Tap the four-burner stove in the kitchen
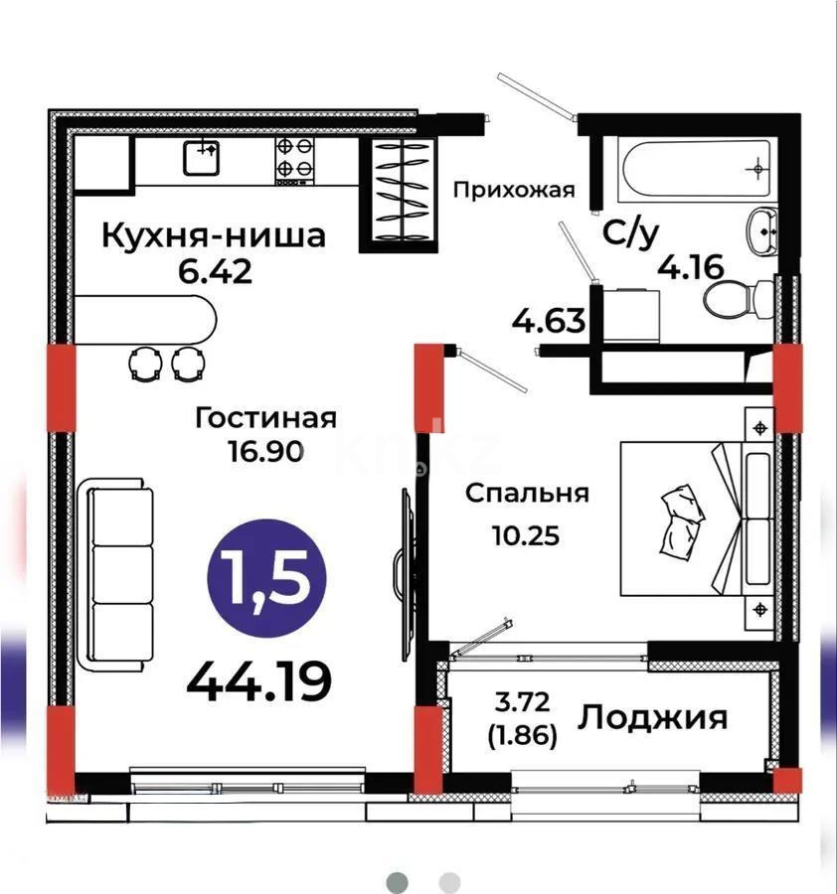pyautogui.click(x=294, y=161)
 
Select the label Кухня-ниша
pyautogui.click(x=215, y=236)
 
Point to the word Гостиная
pyautogui.click(x=265, y=417)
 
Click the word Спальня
pyautogui.click(x=528, y=493)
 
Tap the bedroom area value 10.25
pyautogui.click(x=526, y=536)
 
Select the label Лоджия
pyautogui.click(x=654, y=716)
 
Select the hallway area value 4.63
pyautogui.click(x=547, y=323)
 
